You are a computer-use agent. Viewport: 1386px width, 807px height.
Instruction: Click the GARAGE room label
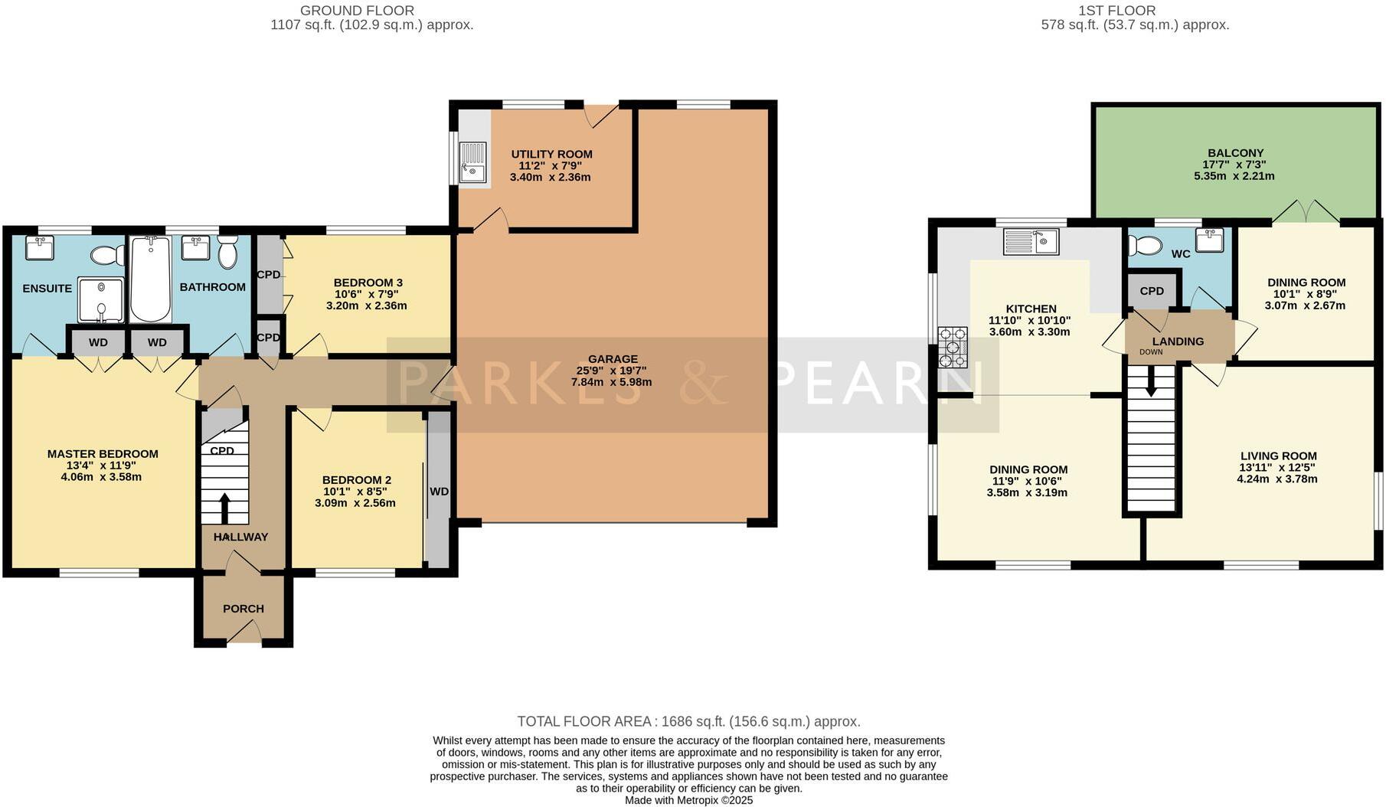coord(613,358)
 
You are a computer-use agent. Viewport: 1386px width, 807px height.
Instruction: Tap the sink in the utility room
coord(472,162)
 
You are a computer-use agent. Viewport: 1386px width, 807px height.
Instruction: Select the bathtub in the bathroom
coord(151,279)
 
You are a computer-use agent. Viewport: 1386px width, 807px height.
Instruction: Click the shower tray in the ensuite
coord(100,299)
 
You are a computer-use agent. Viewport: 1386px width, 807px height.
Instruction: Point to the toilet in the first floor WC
coord(1145,245)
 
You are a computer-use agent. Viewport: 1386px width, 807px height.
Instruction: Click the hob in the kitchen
coord(953,348)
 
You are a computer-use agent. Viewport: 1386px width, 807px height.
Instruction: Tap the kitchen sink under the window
coord(1031,242)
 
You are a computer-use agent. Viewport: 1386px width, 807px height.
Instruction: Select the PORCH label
coord(244,609)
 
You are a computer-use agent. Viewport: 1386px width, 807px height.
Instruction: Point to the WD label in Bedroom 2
coord(439,492)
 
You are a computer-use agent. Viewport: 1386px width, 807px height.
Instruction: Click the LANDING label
coord(1178,341)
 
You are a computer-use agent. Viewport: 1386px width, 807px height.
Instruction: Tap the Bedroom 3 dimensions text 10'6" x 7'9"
coord(367,294)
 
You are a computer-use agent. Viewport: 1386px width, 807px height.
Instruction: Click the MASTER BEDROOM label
coord(103,454)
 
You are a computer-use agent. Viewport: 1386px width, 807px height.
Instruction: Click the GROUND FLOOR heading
coord(357,11)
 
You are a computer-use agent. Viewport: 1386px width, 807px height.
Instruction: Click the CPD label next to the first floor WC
coord(1152,291)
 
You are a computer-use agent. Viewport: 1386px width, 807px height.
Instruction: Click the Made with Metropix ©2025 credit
coord(688,800)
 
